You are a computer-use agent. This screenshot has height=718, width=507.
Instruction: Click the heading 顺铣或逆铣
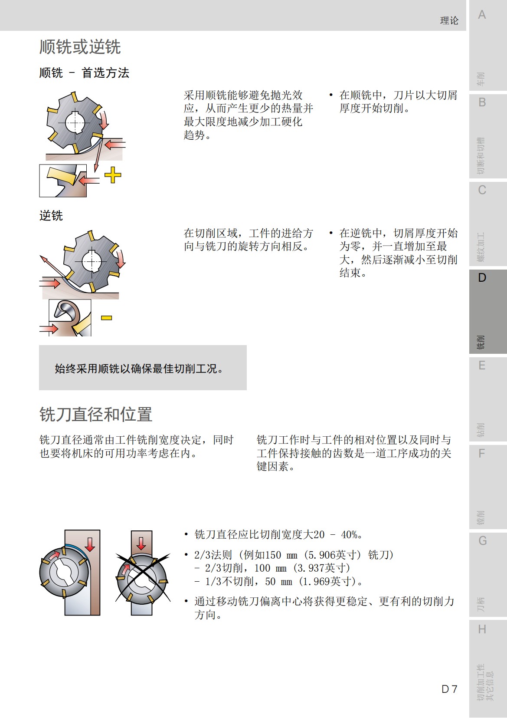tap(80, 47)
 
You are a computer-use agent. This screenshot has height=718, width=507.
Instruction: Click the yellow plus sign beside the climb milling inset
tap(113, 175)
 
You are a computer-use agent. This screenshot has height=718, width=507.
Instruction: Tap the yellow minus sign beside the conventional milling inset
tap(107, 318)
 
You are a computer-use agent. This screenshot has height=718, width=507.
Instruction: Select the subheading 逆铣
tap(51, 215)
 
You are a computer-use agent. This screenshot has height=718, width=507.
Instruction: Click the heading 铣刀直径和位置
tap(96, 415)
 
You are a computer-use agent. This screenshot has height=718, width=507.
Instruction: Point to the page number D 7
tap(449, 689)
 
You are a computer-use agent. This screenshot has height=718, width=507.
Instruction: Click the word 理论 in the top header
tap(449, 20)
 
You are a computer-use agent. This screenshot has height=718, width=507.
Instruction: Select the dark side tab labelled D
tap(482, 278)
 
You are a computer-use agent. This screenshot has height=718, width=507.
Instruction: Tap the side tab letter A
tap(482, 15)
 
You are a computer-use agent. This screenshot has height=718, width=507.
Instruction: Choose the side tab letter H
tap(482, 629)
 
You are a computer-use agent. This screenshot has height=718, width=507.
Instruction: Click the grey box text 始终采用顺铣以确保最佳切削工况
tap(139, 369)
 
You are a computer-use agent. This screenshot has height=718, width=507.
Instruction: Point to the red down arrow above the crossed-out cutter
tap(141, 543)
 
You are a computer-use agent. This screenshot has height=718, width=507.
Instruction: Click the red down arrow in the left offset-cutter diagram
tap(90, 543)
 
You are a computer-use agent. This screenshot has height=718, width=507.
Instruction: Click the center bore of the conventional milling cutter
tap(92, 262)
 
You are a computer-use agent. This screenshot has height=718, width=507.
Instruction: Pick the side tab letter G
tap(482, 541)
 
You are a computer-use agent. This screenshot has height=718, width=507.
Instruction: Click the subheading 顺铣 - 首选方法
tap(84, 73)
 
